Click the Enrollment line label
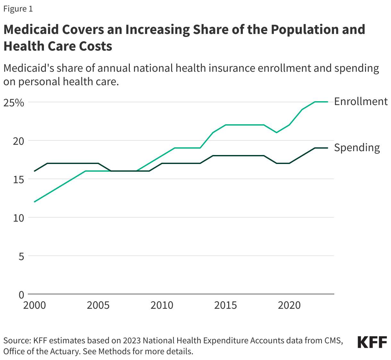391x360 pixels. pos(361,102)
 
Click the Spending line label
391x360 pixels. pos(357,148)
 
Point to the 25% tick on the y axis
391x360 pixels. pos(14,103)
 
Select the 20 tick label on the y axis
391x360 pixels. pos(18,141)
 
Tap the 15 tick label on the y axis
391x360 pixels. pos(18,180)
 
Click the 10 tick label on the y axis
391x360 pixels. pos(18,218)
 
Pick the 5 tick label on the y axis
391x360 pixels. pos(21,257)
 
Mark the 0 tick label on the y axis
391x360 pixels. pos(21,295)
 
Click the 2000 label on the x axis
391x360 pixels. pos(35,305)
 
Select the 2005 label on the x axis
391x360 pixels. pos(98,305)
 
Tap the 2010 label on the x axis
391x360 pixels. pos(162,305)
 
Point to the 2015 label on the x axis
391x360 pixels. pos(226,305)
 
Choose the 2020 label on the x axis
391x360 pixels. pos(289,305)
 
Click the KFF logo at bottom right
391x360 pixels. pos(372,342)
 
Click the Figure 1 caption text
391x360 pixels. pos(18,9)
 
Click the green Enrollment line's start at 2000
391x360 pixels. pos(35,202)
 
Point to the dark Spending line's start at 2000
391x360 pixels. pos(35,171)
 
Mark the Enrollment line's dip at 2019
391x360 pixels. pos(277,133)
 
